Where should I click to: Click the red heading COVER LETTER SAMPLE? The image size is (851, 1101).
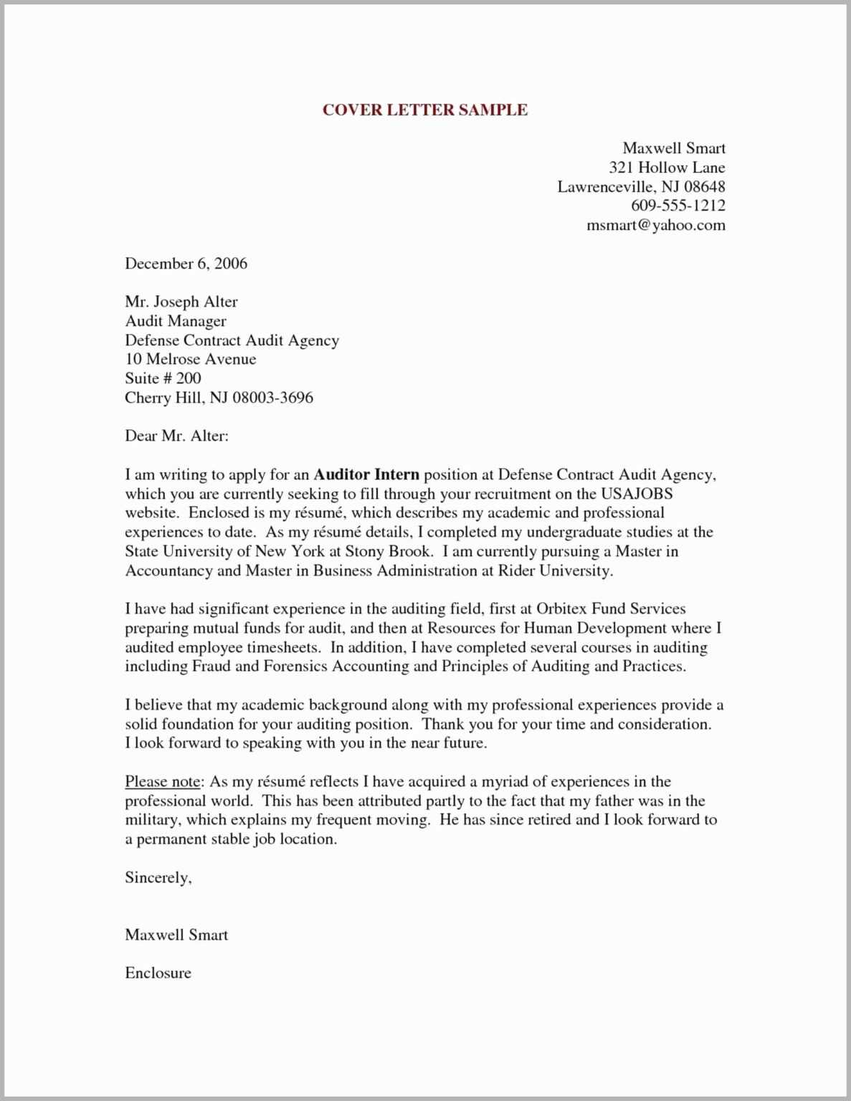click(424, 110)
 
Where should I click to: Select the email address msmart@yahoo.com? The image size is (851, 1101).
click(655, 225)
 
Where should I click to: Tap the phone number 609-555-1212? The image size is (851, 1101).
click(678, 206)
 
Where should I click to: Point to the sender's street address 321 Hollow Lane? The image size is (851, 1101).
click(667, 168)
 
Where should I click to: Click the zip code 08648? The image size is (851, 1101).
click(704, 187)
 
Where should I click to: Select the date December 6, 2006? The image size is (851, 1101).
click(186, 264)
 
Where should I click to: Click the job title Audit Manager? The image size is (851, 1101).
click(176, 321)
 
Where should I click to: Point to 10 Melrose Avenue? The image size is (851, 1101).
click(190, 359)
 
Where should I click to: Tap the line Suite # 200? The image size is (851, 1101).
click(163, 378)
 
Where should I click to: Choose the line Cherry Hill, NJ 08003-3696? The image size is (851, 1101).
click(219, 398)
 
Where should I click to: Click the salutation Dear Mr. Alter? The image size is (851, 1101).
click(176, 436)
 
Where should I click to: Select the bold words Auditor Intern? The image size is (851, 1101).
click(366, 475)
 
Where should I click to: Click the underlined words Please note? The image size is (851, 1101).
click(161, 782)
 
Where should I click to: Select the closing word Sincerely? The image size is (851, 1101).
click(158, 878)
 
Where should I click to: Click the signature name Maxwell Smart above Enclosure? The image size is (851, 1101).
click(176, 935)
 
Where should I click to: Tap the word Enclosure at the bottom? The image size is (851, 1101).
click(158, 973)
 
